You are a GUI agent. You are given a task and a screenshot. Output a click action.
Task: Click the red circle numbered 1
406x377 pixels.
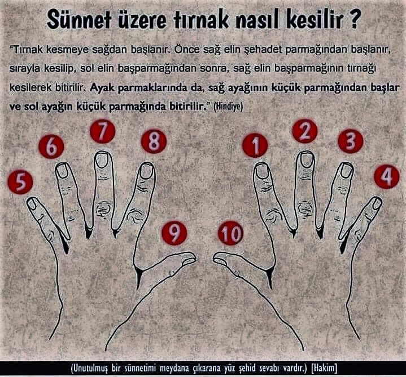coord(255,145)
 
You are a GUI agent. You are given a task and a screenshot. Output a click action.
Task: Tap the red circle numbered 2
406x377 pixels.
coord(305,131)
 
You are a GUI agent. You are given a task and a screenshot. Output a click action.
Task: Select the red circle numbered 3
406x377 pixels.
coord(351,141)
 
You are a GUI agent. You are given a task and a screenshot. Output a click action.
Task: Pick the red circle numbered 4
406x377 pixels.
coord(387,177)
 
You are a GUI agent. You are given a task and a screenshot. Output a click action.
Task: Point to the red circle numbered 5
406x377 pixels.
coord(21,181)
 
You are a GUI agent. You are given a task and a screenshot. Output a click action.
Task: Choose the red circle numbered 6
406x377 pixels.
coord(51,147)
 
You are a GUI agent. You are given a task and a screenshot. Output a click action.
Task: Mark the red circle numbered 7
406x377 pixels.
coord(103,131)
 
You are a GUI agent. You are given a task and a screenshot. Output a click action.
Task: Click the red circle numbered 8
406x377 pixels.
coord(154,141)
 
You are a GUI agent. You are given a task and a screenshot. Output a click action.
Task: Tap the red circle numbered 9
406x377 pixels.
coord(174,233)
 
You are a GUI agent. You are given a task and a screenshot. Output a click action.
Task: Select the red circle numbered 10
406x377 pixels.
coord(230,233)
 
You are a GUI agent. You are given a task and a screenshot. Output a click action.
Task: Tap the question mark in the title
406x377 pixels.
coord(353,20)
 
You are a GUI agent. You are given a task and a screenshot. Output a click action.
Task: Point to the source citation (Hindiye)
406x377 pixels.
coord(228,107)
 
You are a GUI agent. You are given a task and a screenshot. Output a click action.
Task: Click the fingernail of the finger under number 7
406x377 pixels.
coord(102,160)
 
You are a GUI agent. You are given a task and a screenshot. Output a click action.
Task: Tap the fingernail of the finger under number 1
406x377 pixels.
coord(262,170)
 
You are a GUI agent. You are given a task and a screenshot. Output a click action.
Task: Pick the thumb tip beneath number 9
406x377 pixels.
coord(189,259)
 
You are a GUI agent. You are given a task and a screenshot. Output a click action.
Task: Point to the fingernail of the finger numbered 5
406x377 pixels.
coord(32,204)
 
